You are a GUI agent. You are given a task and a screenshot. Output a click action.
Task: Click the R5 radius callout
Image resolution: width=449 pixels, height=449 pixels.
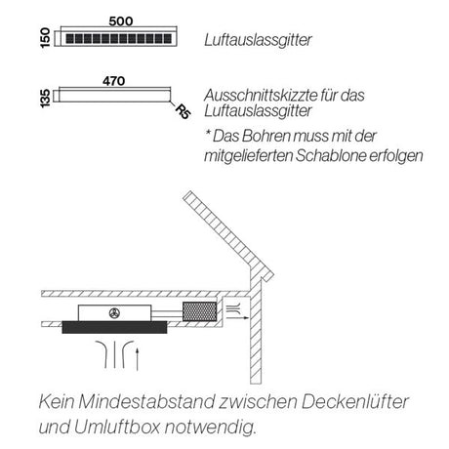coord(182,111)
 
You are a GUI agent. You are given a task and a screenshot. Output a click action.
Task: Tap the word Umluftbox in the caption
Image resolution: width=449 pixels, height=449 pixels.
coord(122,427)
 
